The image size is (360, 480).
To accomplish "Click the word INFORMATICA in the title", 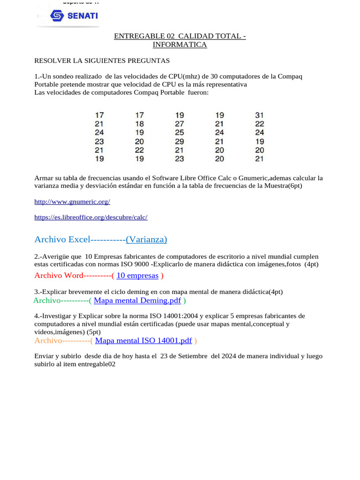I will click(180, 45).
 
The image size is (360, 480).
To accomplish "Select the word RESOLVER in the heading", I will click(51, 61).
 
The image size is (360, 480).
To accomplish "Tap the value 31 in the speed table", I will click(260, 115).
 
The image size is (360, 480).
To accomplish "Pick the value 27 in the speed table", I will click(180, 124).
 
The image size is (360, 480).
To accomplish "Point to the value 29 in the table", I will click(180, 141).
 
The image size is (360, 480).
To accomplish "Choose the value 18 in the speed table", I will click(139, 124).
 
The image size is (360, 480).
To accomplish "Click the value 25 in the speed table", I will click(180, 133).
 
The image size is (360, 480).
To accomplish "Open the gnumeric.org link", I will click(72, 202).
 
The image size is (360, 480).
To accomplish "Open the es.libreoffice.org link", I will click(91, 217).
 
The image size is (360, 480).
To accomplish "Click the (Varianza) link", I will click(146, 240).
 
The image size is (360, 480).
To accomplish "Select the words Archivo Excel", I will click(62, 240).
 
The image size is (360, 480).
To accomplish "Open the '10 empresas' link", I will click(137, 276).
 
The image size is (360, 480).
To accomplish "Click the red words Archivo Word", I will click(59, 276).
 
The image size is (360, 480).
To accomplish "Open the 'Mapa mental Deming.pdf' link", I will click(137, 300).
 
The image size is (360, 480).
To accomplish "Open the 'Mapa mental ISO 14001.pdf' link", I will click(143, 341).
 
